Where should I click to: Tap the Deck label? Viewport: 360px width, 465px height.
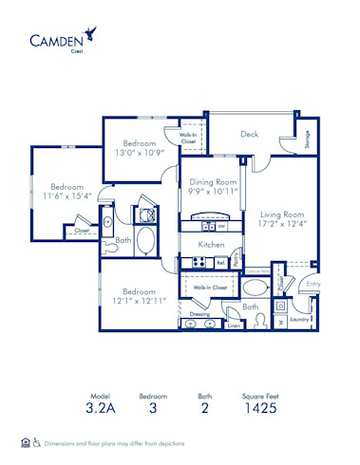(250, 134)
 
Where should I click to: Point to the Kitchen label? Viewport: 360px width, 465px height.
(210, 245)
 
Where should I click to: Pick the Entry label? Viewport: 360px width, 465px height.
(313, 283)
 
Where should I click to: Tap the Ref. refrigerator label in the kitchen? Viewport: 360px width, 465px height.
(220, 263)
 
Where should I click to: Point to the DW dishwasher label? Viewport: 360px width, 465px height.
(220, 227)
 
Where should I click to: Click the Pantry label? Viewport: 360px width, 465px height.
(235, 258)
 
